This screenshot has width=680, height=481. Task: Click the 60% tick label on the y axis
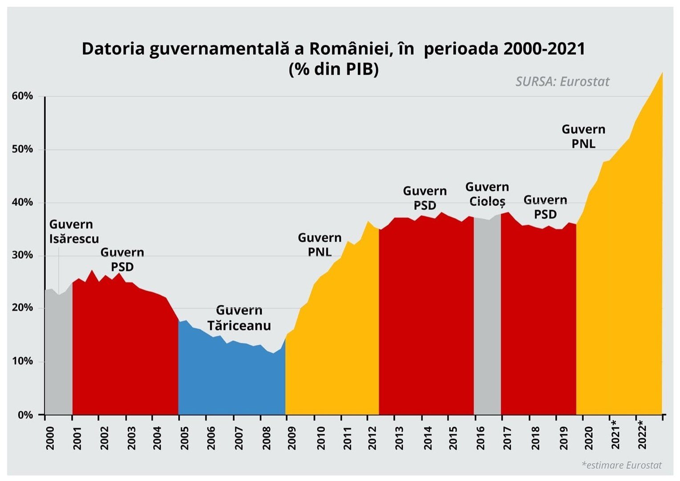[22, 96]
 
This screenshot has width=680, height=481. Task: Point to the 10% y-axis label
[22, 361]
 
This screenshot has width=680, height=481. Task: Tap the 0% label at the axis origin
[25, 415]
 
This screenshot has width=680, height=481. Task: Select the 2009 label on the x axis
[292, 438]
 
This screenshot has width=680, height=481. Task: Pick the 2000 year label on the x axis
[50, 438]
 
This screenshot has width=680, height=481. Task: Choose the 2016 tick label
[481, 438]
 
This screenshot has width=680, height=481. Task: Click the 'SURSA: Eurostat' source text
[563, 82]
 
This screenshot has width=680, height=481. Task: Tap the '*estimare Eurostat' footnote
[622, 465]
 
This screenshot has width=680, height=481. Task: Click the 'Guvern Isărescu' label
[74, 232]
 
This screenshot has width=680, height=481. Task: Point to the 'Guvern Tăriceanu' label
[239, 318]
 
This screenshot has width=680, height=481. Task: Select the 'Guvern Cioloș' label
[487, 194]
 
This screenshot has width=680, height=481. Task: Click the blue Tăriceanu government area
[231, 379]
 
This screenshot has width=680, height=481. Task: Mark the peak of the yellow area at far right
[662, 73]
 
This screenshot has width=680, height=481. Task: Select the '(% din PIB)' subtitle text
[334, 69]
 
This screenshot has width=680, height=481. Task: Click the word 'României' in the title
[342, 49]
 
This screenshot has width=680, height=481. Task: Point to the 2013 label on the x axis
[399, 438]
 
